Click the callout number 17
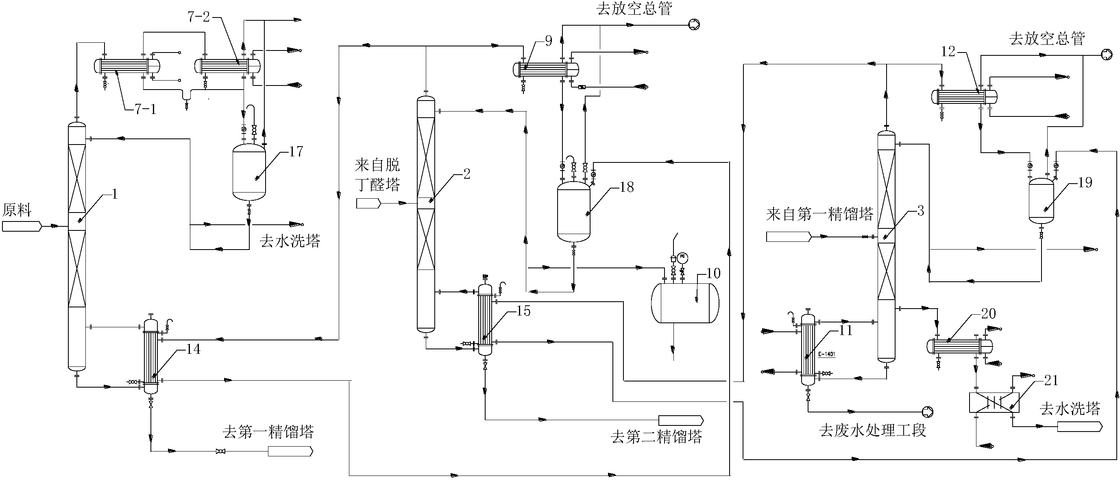tap(296, 152)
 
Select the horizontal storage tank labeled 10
tap(685, 303)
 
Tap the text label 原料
tap(17, 210)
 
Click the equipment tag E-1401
tap(826, 354)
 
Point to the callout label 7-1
tap(145, 109)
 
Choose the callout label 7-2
tap(199, 17)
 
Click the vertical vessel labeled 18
tap(573, 212)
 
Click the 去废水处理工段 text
tap(873, 430)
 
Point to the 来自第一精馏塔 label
tap(819, 214)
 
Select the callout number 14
tap(193, 349)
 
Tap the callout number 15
tap(523, 311)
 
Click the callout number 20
tap(988, 314)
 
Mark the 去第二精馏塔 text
tap(656, 437)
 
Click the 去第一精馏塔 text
tap(268, 432)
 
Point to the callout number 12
tap(948, 52)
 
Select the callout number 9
tap(548, 42)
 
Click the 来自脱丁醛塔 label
tap(377, 175)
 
